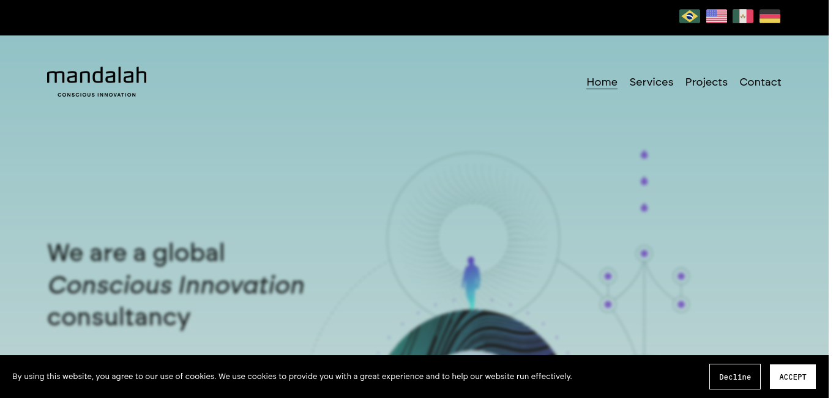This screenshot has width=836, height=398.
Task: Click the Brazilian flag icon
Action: [x=689, y=17]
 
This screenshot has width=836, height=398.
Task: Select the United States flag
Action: [x=717, y=17]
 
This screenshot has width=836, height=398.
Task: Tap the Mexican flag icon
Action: [x=743, y=17]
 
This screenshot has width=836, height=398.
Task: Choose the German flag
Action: [x=769, y=17]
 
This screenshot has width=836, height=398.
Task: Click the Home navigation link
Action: [x=602, y=82]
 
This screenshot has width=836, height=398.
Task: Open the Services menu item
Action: [x=651, y=82]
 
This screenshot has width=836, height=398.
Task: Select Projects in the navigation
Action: [x=706, y=83]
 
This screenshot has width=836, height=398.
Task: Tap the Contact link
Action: [x=760, y=82]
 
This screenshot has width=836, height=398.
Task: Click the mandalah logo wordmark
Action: [x=97, y=75]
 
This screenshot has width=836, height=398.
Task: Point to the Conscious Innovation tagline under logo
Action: [x=97, y=95]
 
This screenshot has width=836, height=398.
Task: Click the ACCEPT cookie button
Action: [x=793, y=377]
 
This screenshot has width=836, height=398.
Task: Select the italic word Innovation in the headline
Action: [x=241, y=285]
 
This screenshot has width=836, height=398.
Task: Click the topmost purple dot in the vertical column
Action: [x=644, y=155]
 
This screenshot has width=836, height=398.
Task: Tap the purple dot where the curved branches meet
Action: [x=644, y=254]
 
